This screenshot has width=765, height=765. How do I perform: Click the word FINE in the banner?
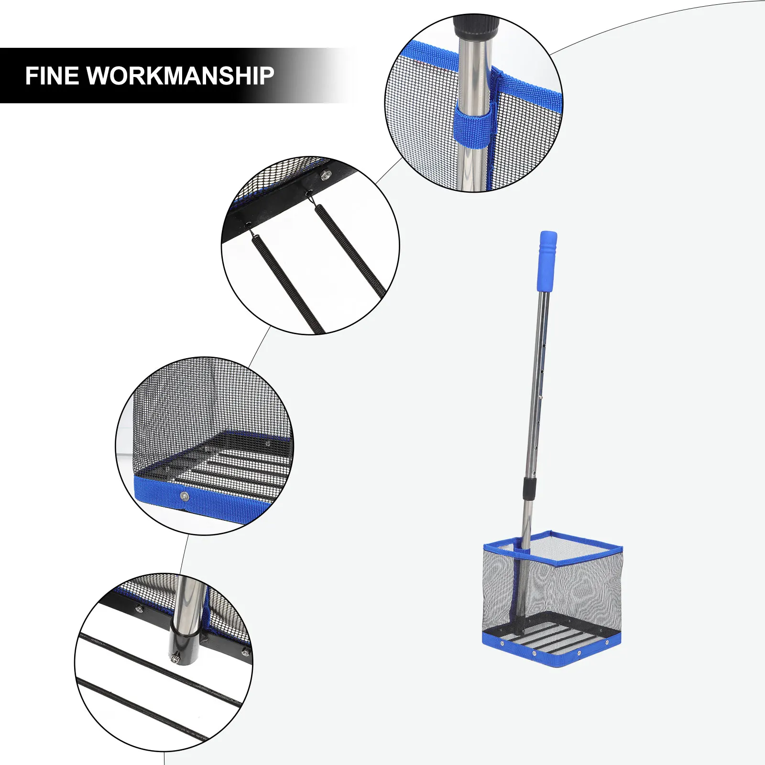[x=51, y=76]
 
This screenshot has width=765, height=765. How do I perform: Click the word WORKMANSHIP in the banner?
[x=180, y=76]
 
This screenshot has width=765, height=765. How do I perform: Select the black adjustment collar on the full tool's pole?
[x=529, y=487]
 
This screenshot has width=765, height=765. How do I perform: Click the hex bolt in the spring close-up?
[x=327, y=175]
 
